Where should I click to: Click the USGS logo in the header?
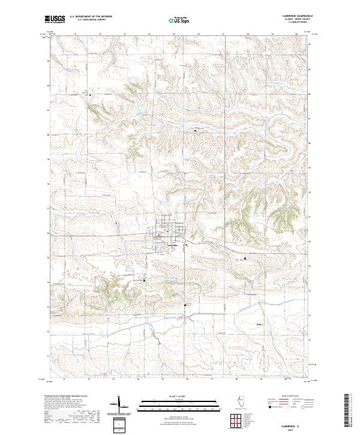[55, 19]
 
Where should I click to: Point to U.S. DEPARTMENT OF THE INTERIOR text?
[91, 16]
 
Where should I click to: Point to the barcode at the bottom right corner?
[348, 413]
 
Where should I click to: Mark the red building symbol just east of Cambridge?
[186, 244]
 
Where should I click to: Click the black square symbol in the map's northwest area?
[90, 95]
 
